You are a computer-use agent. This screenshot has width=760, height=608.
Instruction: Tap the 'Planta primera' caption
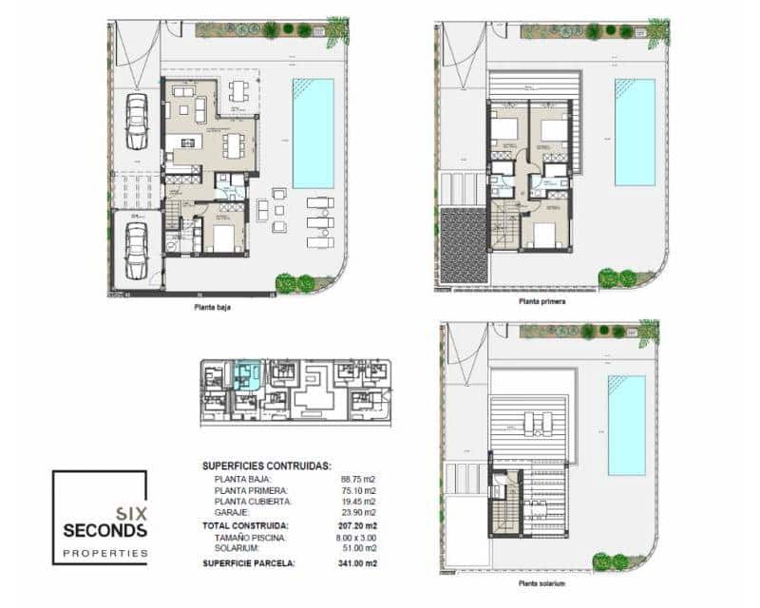coord(542,300)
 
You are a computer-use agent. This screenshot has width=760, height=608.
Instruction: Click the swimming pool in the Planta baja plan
coord(313,133)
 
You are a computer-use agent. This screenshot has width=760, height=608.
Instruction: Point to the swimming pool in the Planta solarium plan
coord(626,425)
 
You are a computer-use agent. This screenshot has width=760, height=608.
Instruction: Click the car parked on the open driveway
coord(137,122)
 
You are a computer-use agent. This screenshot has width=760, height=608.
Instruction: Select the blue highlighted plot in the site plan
coord(249,374)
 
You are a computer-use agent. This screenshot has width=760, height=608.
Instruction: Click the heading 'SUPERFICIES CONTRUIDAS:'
coord(267,466)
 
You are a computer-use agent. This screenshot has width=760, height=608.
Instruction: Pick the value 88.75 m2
coord(358,480)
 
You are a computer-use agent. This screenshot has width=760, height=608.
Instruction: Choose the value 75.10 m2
coord(358,490)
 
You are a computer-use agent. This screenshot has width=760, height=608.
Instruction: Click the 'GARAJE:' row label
coord(234,512)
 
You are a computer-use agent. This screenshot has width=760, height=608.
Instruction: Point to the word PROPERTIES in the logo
coord(104,552)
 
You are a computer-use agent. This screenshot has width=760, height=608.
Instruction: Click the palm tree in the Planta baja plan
coord(336,30)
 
